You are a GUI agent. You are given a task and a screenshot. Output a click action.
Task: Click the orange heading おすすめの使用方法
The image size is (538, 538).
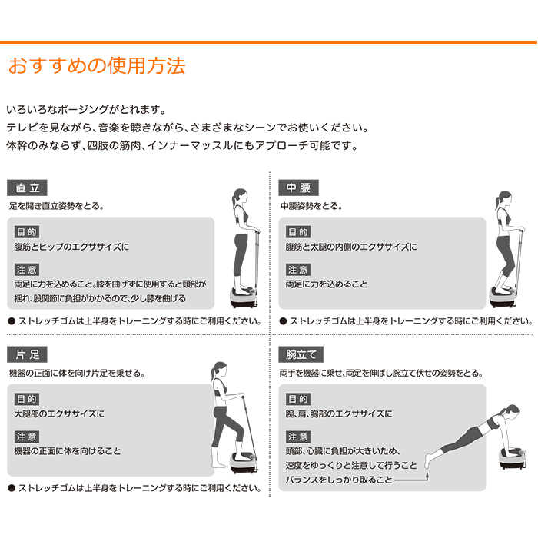(96, 65)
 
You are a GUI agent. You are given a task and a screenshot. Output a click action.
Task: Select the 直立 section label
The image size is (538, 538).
(28, 188)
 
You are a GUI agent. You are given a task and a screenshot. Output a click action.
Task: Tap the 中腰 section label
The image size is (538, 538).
(299, 188)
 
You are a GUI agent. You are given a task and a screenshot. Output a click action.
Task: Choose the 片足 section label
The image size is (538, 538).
(28, 354)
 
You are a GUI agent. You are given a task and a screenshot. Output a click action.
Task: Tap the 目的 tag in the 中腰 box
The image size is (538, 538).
(298, 231)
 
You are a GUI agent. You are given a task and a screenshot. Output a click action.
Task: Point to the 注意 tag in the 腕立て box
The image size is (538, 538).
(298, 436)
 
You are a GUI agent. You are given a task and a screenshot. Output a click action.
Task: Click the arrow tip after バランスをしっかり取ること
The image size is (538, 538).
(423, 479)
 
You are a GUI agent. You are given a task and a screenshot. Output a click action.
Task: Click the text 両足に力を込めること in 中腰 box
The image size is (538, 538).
(327, 284)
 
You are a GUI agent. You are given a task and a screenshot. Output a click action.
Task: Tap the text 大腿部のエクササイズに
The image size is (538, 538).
(59, 414)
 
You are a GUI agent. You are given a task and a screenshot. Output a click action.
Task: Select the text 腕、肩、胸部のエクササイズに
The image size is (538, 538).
(339, 414)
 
